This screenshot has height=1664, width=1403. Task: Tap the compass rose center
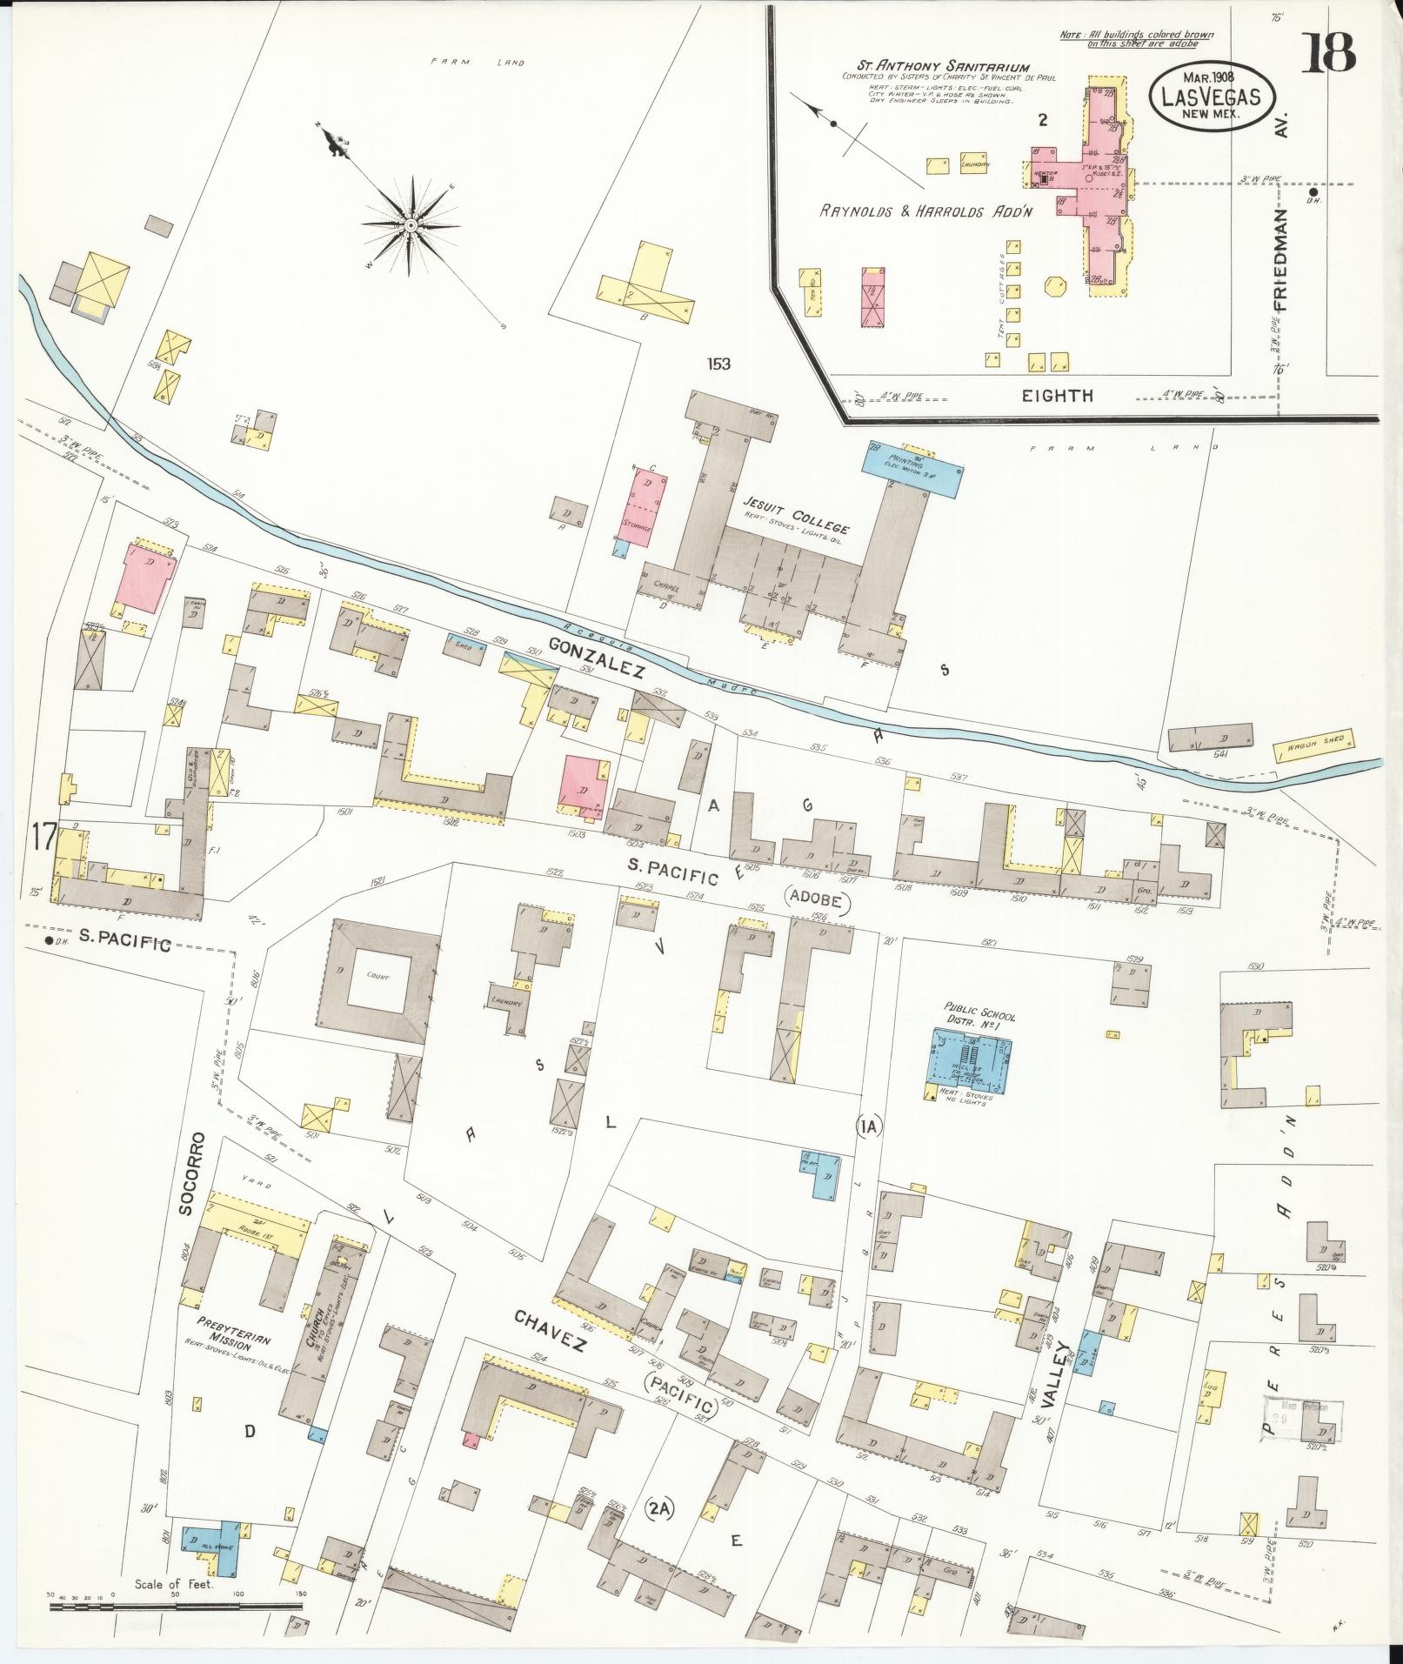(x=410, y=225)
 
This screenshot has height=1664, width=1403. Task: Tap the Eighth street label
(x=1069, y=396)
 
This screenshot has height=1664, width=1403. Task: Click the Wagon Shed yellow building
(x=1314, y=745)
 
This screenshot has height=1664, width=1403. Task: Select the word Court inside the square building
(x=379, y=976)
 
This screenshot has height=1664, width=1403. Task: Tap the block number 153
(x=718, y=364)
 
